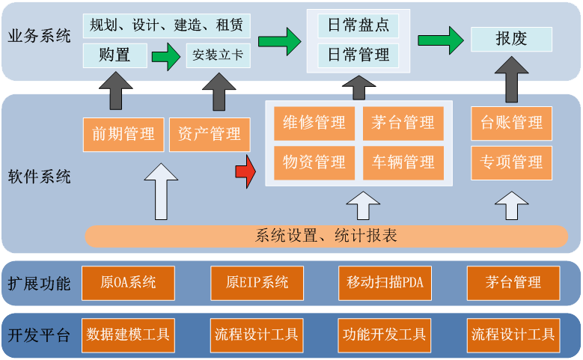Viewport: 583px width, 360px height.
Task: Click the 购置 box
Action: tap(114, 55)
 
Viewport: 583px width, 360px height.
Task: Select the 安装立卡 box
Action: tap(218, 55)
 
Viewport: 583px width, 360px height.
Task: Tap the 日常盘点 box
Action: tap(358, 25)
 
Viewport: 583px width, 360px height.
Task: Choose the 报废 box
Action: tap(511, 39)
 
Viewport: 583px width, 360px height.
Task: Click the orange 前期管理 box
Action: tap(123, 135)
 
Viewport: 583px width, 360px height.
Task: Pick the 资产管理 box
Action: tap(210, 135)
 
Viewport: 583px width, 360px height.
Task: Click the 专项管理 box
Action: tap(511, 162)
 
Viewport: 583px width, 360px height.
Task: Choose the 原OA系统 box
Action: tap(128, 283)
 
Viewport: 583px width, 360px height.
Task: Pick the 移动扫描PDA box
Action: tap(385, 283)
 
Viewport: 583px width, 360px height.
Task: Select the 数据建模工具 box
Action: tap(128, 334)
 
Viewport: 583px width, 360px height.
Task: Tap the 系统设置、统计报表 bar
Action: tap(326, 237)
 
